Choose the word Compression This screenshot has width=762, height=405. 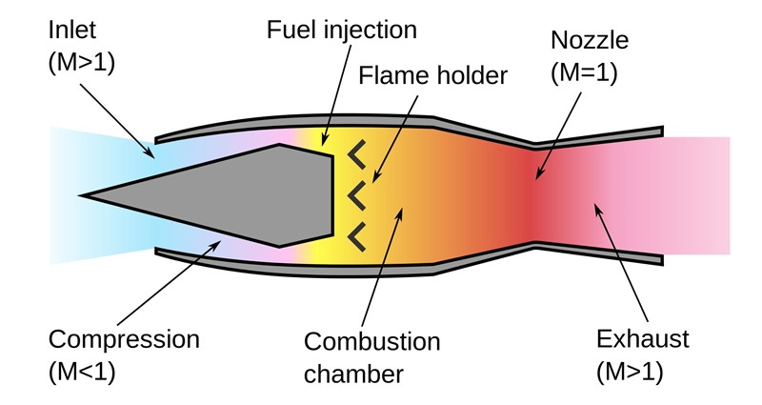[x=124, y=339]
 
